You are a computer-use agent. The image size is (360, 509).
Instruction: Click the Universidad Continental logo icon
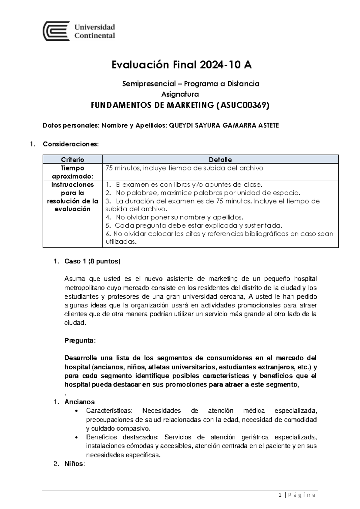coord(56,31)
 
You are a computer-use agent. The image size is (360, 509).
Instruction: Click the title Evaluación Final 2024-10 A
coord(181,65)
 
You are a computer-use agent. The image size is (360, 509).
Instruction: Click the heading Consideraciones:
coord(70,144)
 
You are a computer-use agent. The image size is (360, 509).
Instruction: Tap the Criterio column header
coord(73,159)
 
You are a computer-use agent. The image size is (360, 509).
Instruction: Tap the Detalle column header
coord(220,159)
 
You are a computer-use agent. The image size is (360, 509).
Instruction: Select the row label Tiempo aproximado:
coord(73,172)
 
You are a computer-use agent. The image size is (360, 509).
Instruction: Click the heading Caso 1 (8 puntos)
coord(92,261)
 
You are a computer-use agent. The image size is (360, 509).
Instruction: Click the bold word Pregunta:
coord(80,341)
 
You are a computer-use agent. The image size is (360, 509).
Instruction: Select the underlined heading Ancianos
coord(80,402)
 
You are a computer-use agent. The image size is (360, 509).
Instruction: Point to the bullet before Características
coord(78,411)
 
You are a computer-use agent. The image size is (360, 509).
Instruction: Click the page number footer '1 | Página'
coord(297,495)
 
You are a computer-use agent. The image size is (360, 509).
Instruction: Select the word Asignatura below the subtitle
coord(180,94)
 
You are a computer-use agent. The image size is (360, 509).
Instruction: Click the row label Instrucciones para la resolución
coord(73,197)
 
